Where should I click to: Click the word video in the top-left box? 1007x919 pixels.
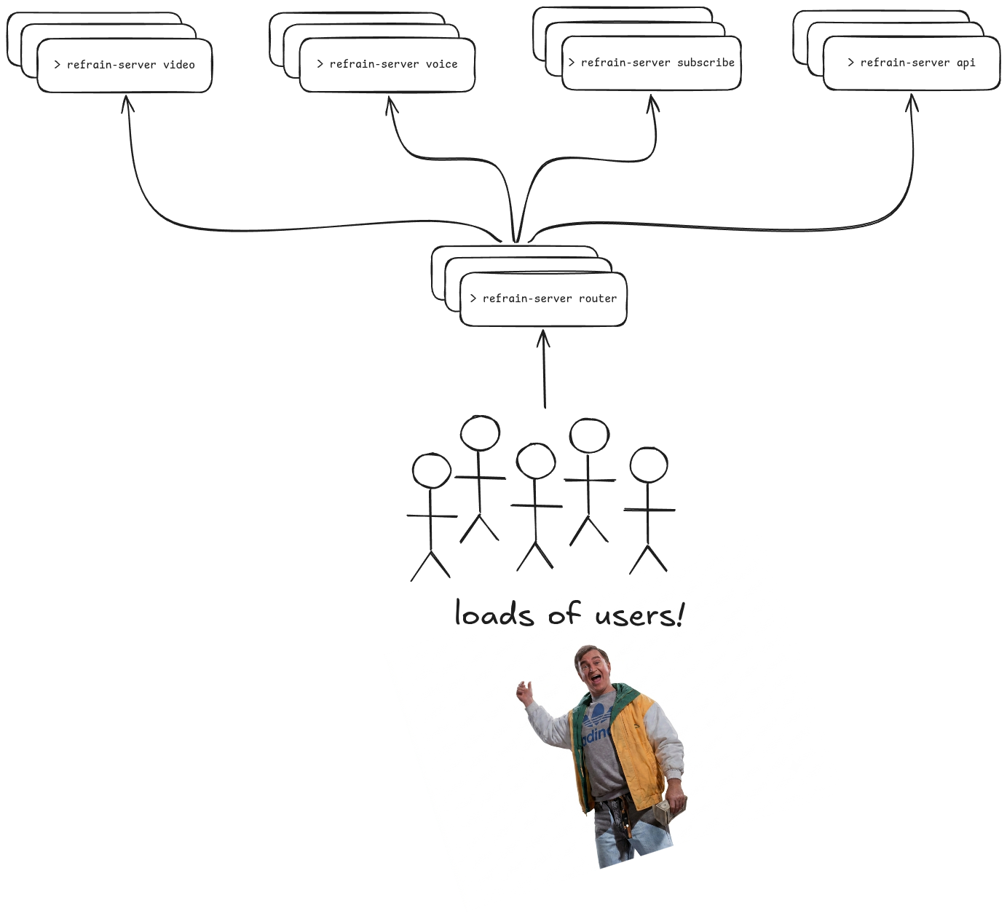178,65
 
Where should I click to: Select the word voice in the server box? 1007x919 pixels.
442,64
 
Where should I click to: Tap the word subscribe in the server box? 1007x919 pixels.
706,63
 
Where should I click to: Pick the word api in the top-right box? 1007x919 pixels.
965,63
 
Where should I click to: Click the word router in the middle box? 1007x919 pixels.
597,299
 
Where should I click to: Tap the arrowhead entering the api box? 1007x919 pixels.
912,103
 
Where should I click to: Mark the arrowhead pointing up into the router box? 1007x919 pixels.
543,338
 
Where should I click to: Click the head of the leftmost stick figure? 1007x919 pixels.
432,470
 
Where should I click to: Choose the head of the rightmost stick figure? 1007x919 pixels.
649,465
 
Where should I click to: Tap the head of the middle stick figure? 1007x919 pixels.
536,460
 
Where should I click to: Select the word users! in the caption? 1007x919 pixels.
639,615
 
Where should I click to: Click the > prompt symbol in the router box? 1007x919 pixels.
473,299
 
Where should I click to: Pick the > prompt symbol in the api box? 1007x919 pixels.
850,63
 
